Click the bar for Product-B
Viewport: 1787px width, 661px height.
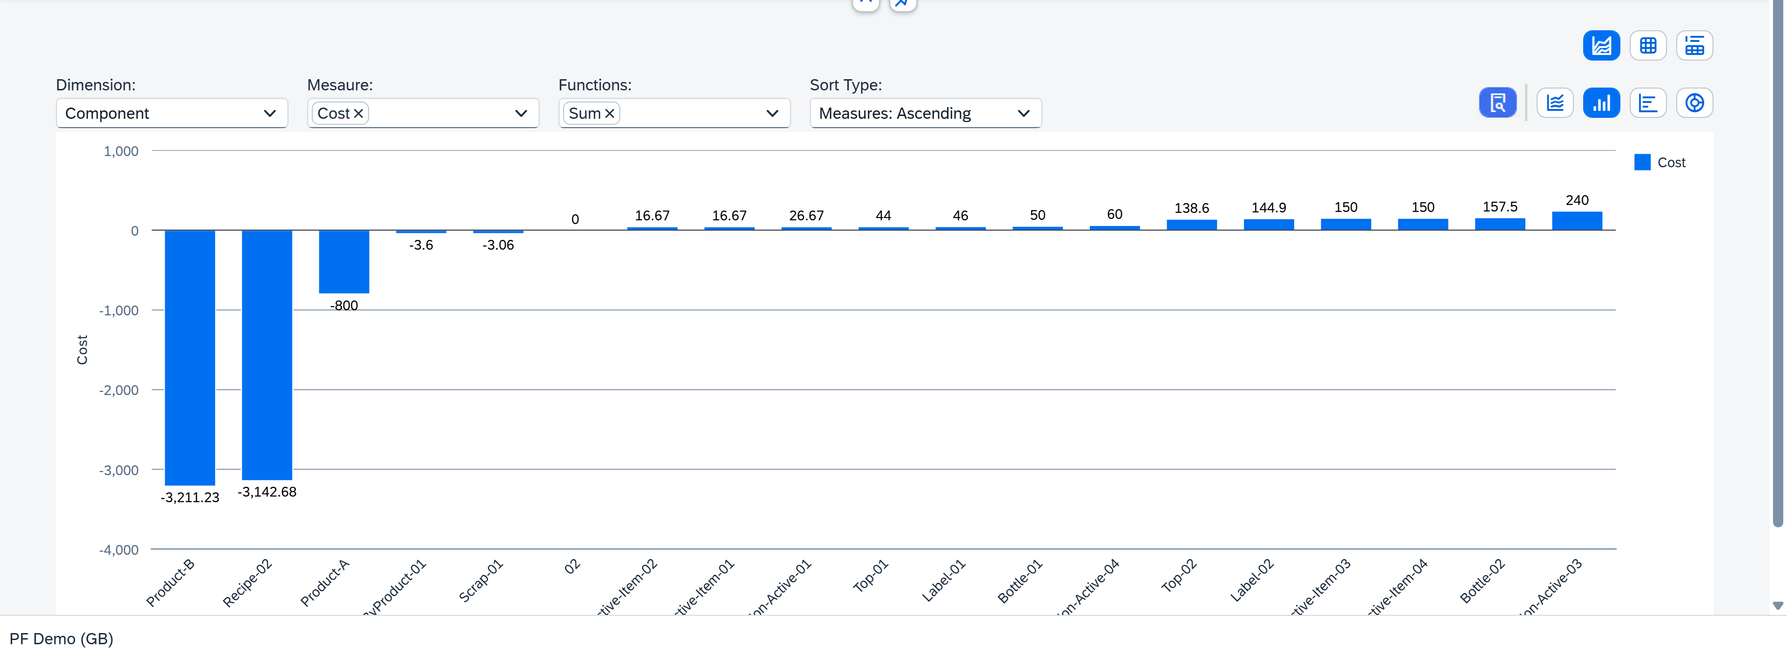point(189,358)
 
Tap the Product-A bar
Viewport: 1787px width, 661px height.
point(343,262)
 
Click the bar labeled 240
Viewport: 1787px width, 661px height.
point(1576,221)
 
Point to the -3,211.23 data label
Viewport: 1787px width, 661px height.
point(189,497)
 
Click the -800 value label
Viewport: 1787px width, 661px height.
point(344,306)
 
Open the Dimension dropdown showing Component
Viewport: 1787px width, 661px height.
point(171,113)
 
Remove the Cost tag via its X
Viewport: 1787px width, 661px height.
point(359,113)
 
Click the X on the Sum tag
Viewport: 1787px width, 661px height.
point(610,113)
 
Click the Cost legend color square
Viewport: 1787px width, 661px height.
point(1642,163)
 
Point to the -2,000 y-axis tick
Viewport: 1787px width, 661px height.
point(119,390)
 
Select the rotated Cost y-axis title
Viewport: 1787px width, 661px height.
point(82,350)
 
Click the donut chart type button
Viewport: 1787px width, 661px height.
point(1694,103)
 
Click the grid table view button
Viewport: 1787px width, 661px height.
point(1647,46)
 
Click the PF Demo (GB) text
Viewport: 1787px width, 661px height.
point(61,639)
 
